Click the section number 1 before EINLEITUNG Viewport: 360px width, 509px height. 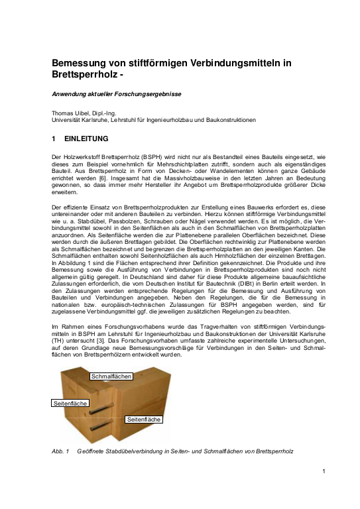pyautogui.click(x=54, y=139)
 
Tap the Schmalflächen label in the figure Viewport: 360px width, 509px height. pyautogui.click(x=111, y=376)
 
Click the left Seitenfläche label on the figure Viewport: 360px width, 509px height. pyautogui.click(x=70, y=403)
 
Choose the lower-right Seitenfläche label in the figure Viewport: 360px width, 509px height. pyautogui.click(x=143, y=420)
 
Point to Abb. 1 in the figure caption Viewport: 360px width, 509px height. pyautogui.click(x=60, y=451)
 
